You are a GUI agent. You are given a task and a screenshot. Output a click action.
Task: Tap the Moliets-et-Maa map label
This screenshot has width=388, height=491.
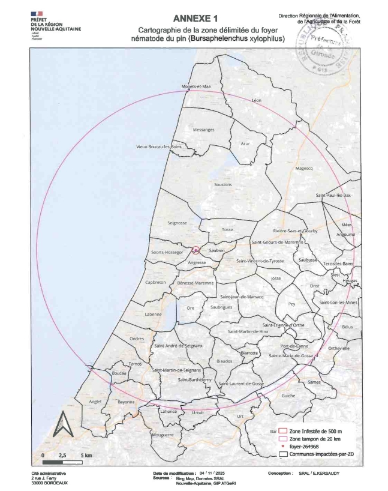[197, 86]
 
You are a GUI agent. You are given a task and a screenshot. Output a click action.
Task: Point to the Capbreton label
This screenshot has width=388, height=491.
[155, 282]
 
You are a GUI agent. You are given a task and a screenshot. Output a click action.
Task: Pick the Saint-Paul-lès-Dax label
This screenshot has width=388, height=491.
[333, 196]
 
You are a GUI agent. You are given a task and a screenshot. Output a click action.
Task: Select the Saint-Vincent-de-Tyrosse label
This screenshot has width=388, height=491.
[260, 261]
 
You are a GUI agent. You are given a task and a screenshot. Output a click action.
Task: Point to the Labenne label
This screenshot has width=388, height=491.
[154, 314]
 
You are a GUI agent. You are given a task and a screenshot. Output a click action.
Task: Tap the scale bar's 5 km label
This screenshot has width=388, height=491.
[87, 456]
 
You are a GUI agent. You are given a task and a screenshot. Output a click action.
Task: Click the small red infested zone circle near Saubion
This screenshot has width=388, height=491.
[195, 250]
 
